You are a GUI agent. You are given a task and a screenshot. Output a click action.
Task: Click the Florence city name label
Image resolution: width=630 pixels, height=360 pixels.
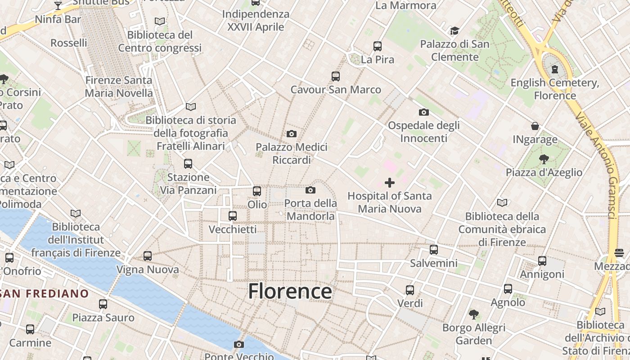click(x=290, y=291)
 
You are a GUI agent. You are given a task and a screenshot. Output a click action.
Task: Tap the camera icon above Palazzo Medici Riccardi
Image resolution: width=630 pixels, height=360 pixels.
click(x=292, y=134)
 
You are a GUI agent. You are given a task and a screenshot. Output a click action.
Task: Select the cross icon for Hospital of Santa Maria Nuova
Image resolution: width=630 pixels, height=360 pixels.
click(x=390, y=183)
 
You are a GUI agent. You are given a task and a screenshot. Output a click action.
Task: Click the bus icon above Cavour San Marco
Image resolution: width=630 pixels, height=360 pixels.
click(x=336, y=76)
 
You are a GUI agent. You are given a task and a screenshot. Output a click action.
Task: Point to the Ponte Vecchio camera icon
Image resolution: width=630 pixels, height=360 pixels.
click(x=239, y=344)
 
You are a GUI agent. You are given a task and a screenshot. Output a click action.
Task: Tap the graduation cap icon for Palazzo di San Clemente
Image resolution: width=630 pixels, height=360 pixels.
click(x=454, y=31)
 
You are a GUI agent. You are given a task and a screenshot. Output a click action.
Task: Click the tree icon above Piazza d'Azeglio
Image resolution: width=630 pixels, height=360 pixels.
click(x=544, y=159)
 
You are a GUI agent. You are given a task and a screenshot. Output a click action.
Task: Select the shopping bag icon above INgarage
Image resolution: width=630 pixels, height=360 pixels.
click(x=535, y=126)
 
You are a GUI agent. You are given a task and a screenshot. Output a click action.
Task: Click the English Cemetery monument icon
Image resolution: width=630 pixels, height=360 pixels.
click(x=555, y=69)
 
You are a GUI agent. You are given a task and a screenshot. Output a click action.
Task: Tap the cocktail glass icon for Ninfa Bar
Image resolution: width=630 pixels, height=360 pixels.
click(x=58, y=6)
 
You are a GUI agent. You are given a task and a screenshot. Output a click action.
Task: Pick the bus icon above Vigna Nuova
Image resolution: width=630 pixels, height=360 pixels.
click(x=148, y=256)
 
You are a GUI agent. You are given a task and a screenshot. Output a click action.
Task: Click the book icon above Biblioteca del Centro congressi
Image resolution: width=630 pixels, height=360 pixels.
click(x=160, y=21)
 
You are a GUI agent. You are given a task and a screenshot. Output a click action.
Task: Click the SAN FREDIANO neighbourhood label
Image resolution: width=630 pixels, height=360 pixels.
click(x=45, y=294)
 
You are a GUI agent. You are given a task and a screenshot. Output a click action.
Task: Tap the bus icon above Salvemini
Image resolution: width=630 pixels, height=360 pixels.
click(x=434, y=249)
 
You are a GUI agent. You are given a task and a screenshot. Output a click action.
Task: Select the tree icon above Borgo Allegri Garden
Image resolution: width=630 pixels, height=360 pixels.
click(x=473, y=314)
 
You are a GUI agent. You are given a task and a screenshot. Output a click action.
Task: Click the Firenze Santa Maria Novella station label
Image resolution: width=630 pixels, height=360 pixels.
click(x=119, y=87)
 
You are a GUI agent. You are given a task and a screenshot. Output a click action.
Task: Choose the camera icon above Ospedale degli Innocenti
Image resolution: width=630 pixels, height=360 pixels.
click(x=424, y=112)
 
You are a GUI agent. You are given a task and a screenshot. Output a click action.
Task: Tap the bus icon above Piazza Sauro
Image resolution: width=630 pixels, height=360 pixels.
click(x=103, y=304)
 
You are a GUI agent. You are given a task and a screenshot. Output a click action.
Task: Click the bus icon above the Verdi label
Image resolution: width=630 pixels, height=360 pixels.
click(x=410, y=290)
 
